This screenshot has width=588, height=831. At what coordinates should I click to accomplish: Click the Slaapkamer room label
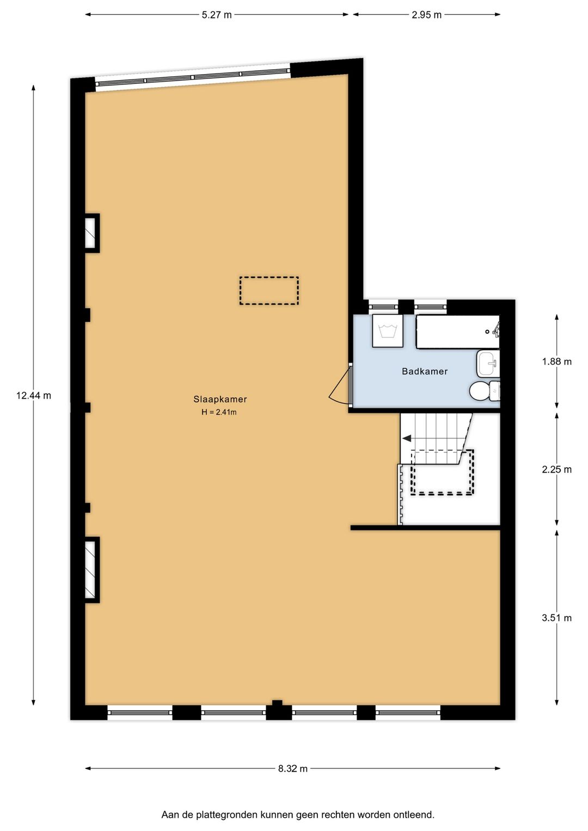tap(220, 399)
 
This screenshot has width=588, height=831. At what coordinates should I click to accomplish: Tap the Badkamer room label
tap(425, 371)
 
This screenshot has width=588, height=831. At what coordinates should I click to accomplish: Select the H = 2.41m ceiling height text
tap(219, 412)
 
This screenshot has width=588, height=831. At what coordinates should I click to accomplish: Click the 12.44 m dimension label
tap(34, 395)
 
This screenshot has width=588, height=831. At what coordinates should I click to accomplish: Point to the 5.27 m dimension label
tap(217, 15)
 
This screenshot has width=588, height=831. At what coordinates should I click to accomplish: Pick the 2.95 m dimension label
tap(426, 15)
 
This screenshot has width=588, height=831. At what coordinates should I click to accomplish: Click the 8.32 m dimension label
tap(293, 768)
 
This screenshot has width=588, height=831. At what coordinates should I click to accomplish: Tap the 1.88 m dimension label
tap(556, 362)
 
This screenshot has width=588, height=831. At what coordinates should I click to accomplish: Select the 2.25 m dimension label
tap(556, 469)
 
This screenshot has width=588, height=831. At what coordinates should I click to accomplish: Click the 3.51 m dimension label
tap(556, 618)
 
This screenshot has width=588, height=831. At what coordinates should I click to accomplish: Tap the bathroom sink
tap(487, 363)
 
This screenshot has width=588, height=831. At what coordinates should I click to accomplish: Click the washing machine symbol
tap(388, 331)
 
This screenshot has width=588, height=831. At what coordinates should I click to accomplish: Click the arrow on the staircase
tap(407, 438)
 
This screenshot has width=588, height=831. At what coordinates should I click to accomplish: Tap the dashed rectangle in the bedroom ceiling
tap(269, 290)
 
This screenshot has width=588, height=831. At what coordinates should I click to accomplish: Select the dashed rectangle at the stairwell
tap(442, 472)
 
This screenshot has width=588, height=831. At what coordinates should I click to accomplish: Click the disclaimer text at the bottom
tap(298, 815)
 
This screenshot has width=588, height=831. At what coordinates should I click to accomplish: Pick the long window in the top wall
tap(193, 77)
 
